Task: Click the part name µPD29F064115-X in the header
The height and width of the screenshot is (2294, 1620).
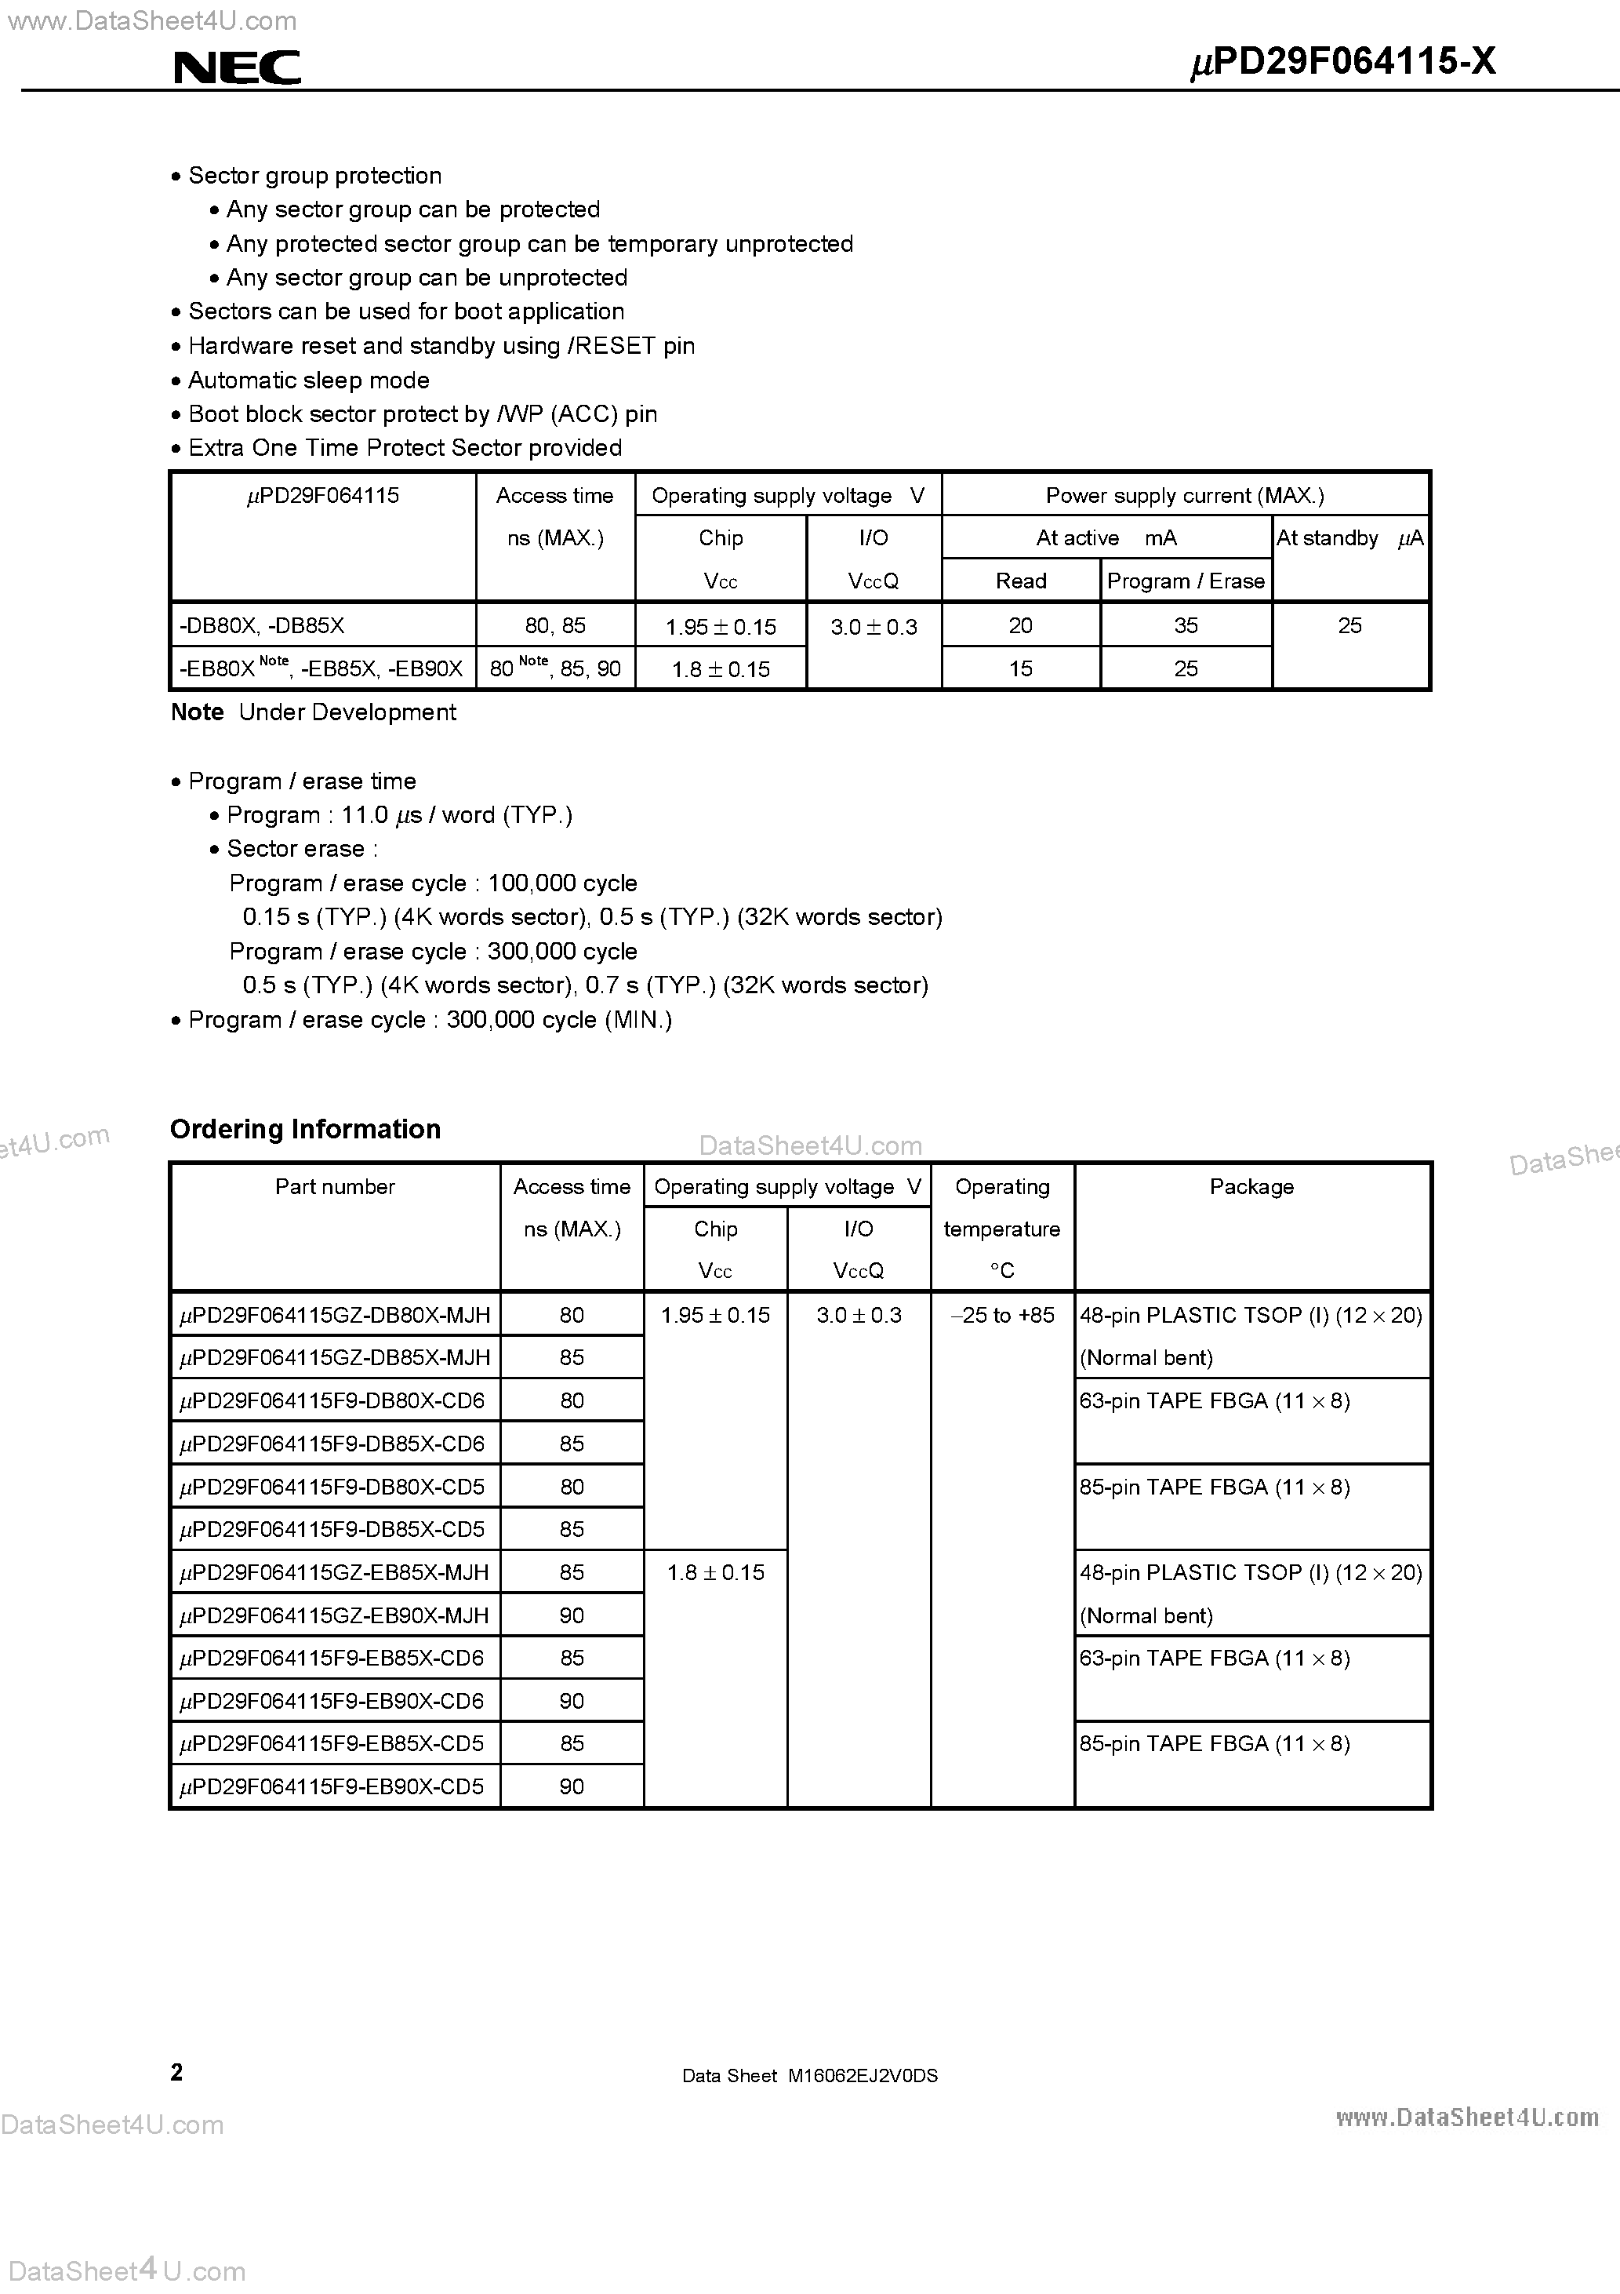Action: click(x=1343, y=63)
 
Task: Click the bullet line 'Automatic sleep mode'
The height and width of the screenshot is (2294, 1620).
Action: click(x=309, y=381)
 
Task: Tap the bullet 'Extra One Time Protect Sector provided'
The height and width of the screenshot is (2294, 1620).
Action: click(x=405, y=449)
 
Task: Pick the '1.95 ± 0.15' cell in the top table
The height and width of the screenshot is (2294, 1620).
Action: click(x=720, y=626)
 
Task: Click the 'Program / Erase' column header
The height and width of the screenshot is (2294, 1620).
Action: click(x=1186, y=581)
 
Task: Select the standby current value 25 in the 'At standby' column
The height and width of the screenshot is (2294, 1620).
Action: click(x=1349, y=625)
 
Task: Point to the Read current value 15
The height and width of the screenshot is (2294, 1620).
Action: click(x=1019, y=669)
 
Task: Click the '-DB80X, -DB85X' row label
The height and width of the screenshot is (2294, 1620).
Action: click(x=262, y=626)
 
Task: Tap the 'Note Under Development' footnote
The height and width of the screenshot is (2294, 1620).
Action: click(x=314, y=712)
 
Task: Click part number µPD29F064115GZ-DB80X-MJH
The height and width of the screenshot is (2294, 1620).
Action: click(x=335, y=1316)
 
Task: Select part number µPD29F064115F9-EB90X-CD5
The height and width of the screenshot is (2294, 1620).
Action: click(x=332, y=1787)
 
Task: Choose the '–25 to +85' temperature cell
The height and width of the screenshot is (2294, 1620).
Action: click(x=1002, y=1316)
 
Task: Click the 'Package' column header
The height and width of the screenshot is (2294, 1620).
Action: click(x=1251, y=1187)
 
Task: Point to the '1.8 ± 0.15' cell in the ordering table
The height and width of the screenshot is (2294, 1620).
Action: click(x=715, y=1573)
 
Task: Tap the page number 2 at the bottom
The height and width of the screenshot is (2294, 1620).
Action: click(x=176, y=2072)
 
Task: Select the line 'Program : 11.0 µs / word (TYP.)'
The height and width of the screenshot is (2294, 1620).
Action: click(x=399, y=815)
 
